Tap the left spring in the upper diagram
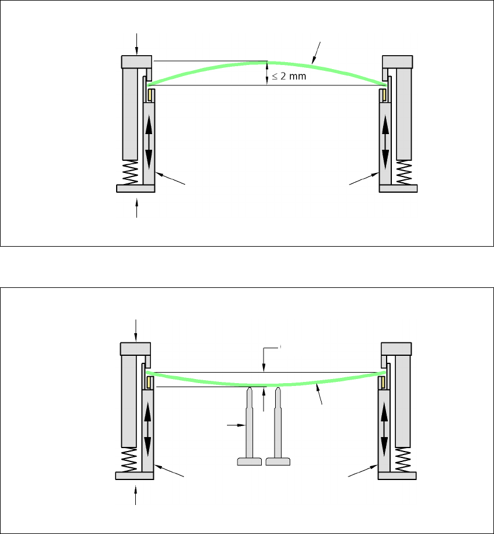tap(131, 172)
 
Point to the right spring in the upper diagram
tap(404, 172)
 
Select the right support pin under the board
tap(278, 427)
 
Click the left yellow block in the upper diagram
tap(150, 94)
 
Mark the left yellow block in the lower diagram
tap(149, 383)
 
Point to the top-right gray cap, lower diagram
tap(397, 348)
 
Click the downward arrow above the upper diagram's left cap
tap(137, 42)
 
